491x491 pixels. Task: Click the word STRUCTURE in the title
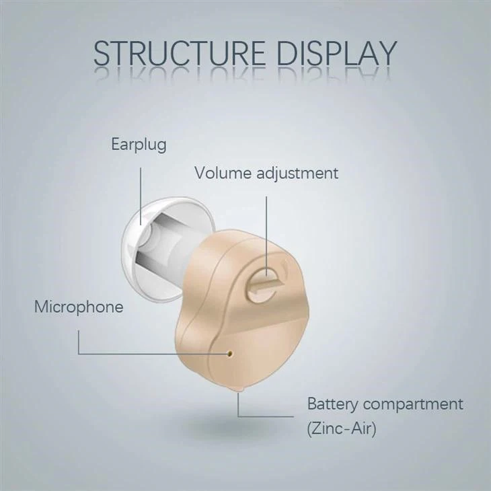click(x=180, y=53)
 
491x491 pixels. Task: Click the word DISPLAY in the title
click(x=337, y=53)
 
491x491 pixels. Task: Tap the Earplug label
click(x=139, y=145)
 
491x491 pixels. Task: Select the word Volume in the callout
click(x=223, y=173)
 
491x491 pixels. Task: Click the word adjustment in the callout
click(x=297, y=174)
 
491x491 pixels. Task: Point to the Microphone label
click(x=79, y=307)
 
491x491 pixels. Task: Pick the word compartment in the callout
click(x=413, y=405)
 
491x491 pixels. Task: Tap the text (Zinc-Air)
click(x=342, y=428)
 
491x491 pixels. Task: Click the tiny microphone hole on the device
click(x=230, y=354)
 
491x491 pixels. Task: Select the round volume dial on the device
click(x=262, y=285)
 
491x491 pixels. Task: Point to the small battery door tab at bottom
click(x=240, y=390)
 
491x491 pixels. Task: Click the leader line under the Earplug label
click(x=141, y=196)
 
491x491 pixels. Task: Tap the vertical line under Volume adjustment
click(x=266, y=236)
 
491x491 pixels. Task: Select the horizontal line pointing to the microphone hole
click(x=153, y=354)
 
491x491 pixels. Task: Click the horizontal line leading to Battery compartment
click(x=266, y=416)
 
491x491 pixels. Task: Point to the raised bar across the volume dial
click(x=268, y=285)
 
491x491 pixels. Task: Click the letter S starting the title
click(x=103, y=53)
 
